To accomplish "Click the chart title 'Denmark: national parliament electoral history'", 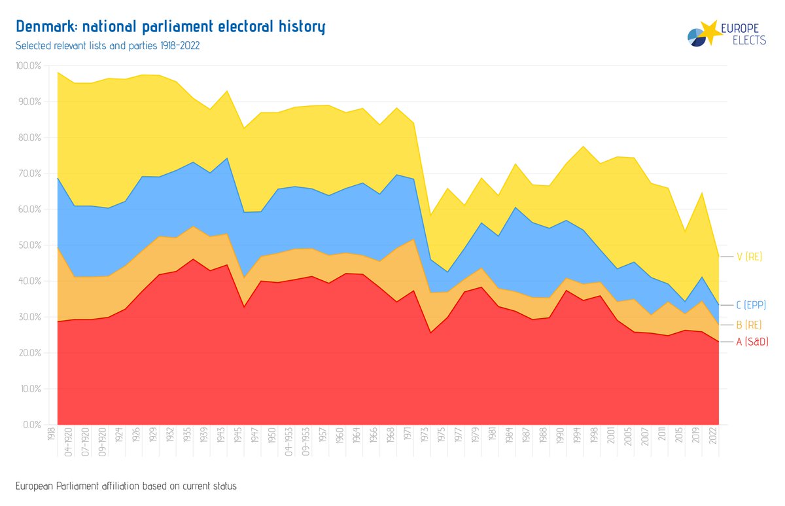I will tap(170, 27).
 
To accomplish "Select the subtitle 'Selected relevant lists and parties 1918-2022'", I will tap(107, 46).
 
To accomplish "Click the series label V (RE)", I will tap(750, 257).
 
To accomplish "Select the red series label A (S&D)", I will tap(752, 342).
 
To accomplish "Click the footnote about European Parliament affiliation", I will tap(126, 486).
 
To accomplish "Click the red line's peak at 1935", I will tap(192, 259).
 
